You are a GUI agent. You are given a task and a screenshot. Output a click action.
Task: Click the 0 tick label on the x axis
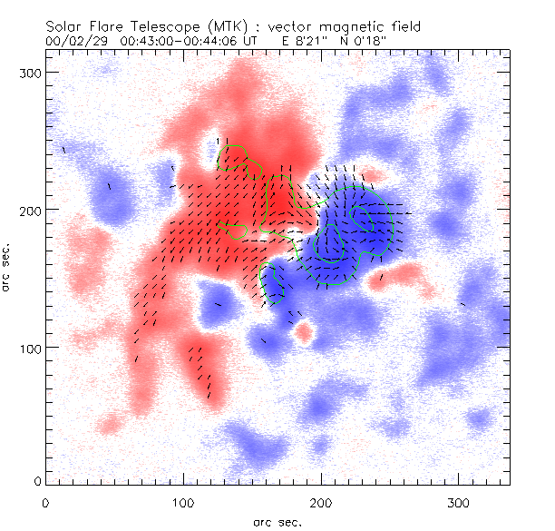click(x=45, y=502)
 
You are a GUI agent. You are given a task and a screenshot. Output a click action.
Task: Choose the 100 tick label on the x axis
click(x=183, y=502)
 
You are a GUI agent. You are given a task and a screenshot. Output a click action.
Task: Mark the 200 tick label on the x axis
click(x=321, y=502)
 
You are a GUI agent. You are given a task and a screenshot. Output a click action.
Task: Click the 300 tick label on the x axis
click(x=459, y=502)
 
